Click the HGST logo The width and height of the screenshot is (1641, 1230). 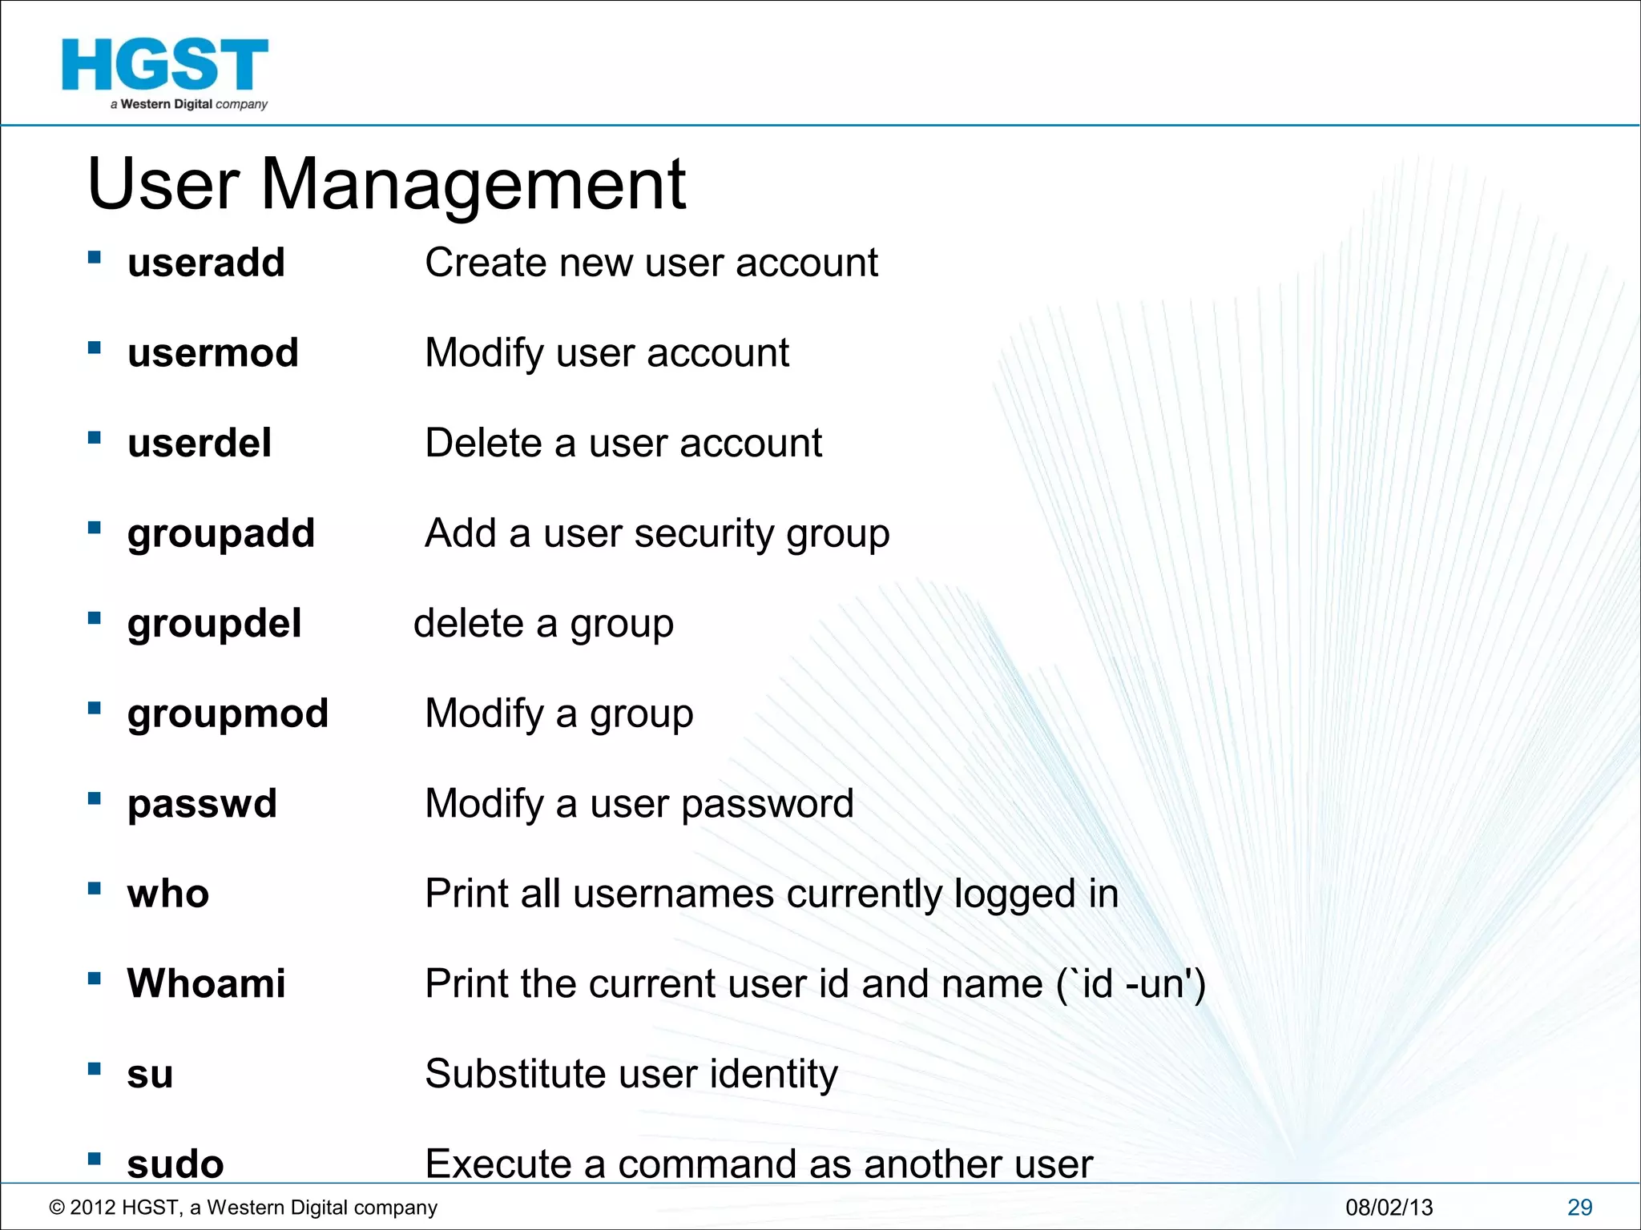[x=165, y=72]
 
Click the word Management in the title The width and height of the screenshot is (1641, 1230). [x=474, y=185]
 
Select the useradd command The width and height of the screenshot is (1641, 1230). [x=206, y=263]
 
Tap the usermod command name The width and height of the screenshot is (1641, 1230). [x=213, y=353]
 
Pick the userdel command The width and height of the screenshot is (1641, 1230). [x=200, y=443]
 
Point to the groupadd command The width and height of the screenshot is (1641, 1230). [x=221, y=533]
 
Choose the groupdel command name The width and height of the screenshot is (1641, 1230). [x=214, y=624]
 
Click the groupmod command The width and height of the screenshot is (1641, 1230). [x=228, y=713]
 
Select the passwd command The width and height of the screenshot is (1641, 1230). [x=202, y=804]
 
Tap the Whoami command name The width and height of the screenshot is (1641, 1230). [x=206, y=983]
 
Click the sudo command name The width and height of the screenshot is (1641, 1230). [x=175, y=1164]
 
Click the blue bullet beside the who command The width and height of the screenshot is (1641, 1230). [x=95, y=888]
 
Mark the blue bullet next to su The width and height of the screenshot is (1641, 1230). [x=95, y=1068]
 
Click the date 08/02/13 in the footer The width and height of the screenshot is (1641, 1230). [x=1389, y=1208]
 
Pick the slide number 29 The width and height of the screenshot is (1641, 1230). [x=1579, y=1208]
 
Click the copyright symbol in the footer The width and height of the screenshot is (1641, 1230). [x=57, y=1208]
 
